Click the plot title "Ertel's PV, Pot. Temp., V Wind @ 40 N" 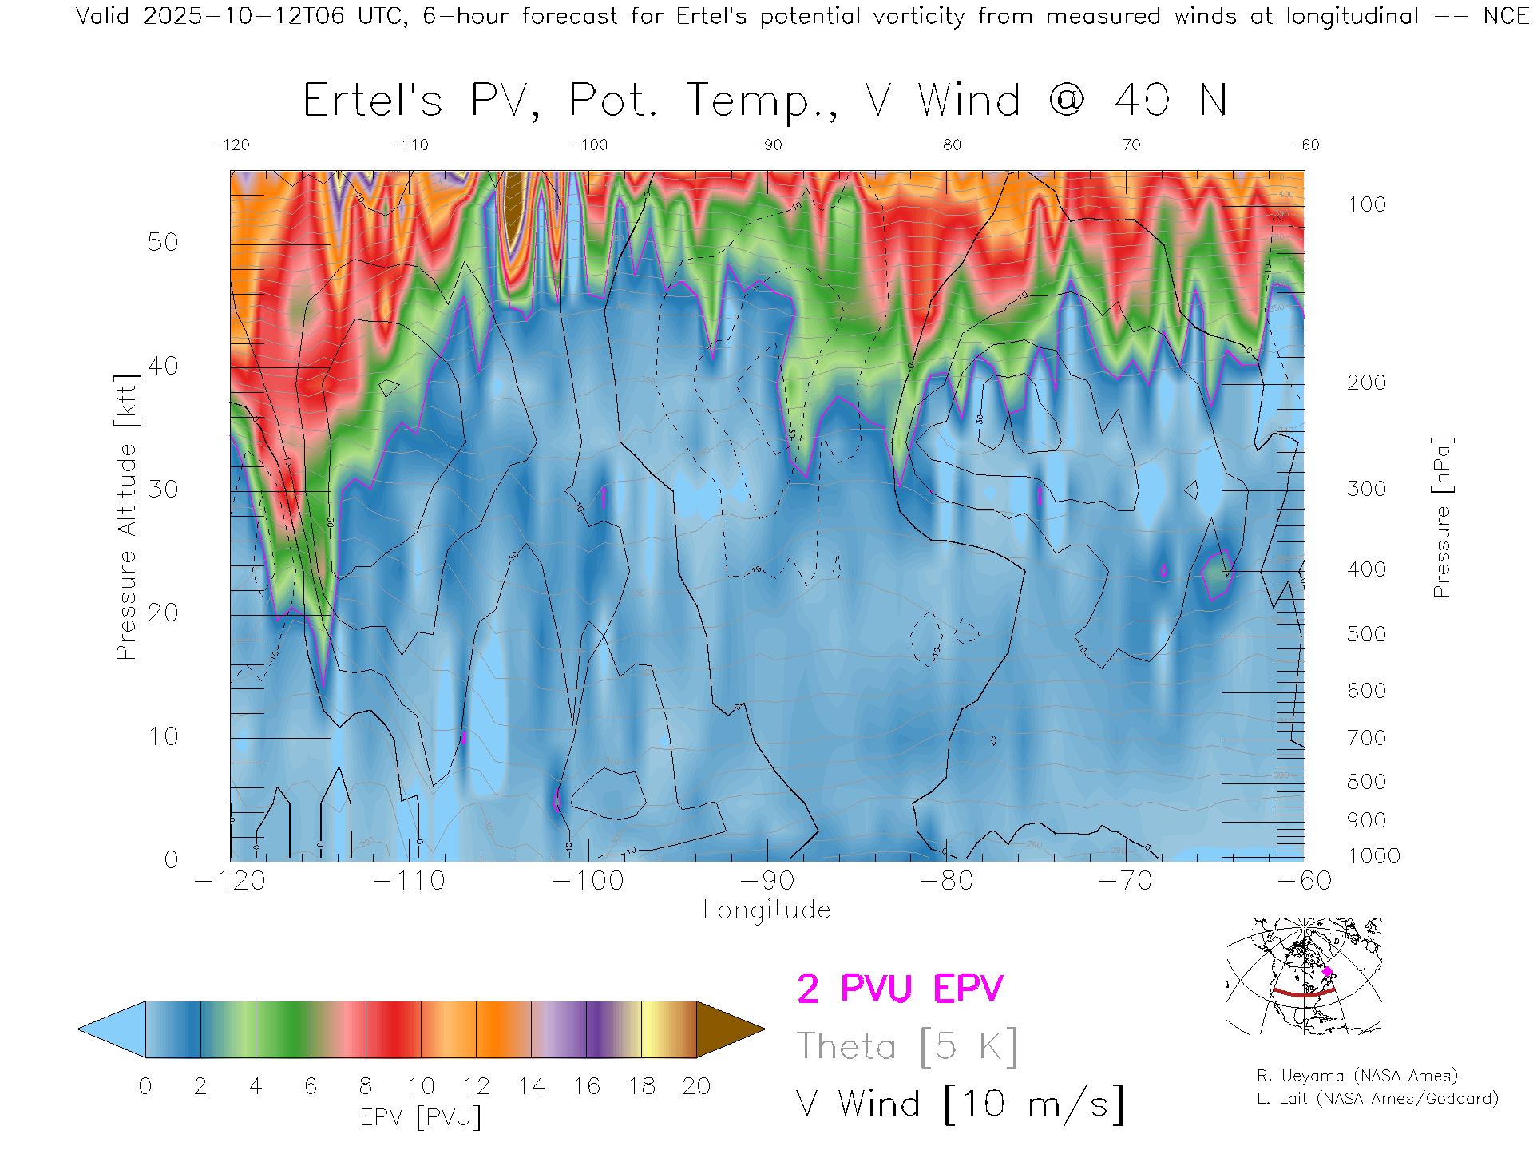point(765,101)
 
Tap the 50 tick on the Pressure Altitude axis point(163,242)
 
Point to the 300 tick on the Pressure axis point(1366,488)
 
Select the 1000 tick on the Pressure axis point(1373,855)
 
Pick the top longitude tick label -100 point(588,145)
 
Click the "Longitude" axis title point(766,910)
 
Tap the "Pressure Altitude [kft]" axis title point(126,517)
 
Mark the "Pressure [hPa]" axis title point(1441,517)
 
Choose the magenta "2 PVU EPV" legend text point(900,989)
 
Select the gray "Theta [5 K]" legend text point(907,1046)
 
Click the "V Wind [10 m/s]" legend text point(961,1104)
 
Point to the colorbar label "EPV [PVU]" point(421,1116)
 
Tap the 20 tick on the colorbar point(696,1086)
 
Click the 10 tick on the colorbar point(421,1086)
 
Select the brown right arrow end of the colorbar point(728,1029)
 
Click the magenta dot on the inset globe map point(1327,972)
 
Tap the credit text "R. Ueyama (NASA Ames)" point(1357,1076)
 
